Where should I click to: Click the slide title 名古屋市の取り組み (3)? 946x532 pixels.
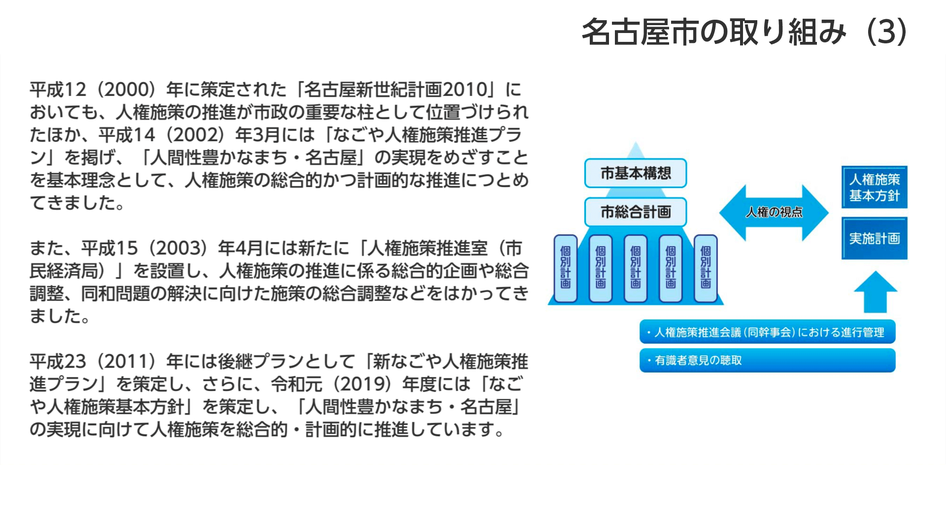pos(744,32)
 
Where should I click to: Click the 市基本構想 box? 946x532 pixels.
pos(636,173)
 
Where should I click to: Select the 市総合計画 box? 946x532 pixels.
pos(636,212)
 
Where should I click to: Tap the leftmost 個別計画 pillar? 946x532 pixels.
pos(566,268)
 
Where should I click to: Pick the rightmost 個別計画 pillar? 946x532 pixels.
pos(706,268)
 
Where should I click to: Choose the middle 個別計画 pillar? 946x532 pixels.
pos(636,268)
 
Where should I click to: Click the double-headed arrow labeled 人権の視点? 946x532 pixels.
pos(774,212)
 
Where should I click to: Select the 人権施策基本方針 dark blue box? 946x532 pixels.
pos(875,187)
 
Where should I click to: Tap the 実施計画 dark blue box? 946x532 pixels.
pos(875,238)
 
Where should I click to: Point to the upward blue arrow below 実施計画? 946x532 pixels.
pos(876,292)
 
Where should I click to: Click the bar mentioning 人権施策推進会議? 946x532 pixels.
pos(767,332)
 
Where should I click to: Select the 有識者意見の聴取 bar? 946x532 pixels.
pos(767,361)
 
